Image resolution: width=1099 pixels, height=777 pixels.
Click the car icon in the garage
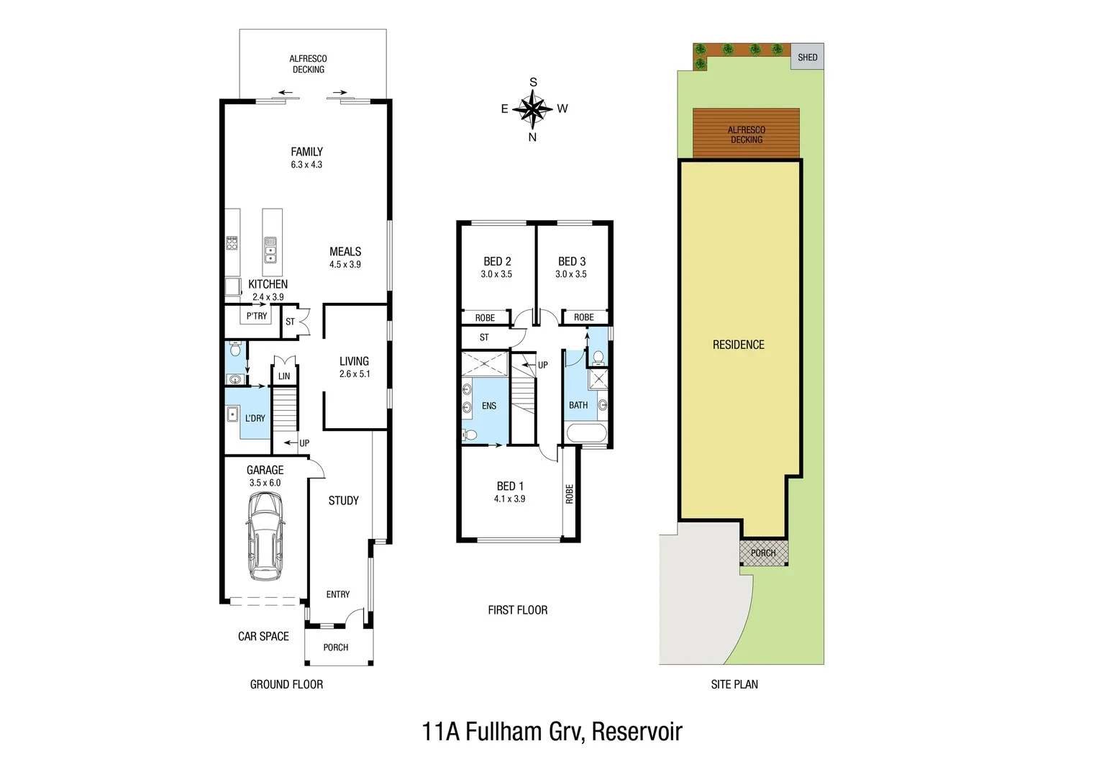pyautogui.click(x=265, y=536)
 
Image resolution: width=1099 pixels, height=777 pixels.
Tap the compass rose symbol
pyautogui.click(x=533, y=109)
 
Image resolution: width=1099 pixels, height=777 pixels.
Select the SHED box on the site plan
pyautogui.click(x=807, y=57)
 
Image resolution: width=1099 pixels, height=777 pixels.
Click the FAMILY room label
pyautogui.click(x=306, y=152)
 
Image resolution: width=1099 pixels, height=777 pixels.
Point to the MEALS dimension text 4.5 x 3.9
pyautogui.click(x=345, y=265)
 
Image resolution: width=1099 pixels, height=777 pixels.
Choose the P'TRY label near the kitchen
pyautogui.click(x=257, y=316)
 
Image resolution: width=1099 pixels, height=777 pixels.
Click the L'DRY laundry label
pyautogui.click(x=255, y=418)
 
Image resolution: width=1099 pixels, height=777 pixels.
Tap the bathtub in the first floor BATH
pyautogui.click(x=586, y=433)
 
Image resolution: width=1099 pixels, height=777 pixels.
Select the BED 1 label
pyautogui.click(x=510, y=486)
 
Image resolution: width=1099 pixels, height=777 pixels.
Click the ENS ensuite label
pyautogui.click(x=489, y=406)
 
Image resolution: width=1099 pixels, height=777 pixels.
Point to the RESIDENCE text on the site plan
pyautogui.click(x=738, y=345)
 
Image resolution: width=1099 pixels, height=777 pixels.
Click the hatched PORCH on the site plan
pyautogui.click(x=763, y=553)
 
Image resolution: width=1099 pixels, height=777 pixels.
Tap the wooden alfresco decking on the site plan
pyautogui.click(x=746, y=134)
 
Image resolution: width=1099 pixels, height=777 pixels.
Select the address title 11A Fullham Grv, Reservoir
pyautogui.click(x=552, y=732)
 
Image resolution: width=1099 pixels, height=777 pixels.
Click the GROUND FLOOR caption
pyautogui.click(x=286, y=684)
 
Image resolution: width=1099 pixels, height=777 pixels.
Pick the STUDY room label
pyautogui.click(x=343, y=501)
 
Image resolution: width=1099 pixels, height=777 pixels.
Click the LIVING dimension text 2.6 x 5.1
pyautogui.click(x=355, y=374)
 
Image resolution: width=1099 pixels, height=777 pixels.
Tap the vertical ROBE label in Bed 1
pyautogui.click(x=570, y=494)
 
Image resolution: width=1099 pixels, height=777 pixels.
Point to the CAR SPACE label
pyautogui.click(x=263, y=636)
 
